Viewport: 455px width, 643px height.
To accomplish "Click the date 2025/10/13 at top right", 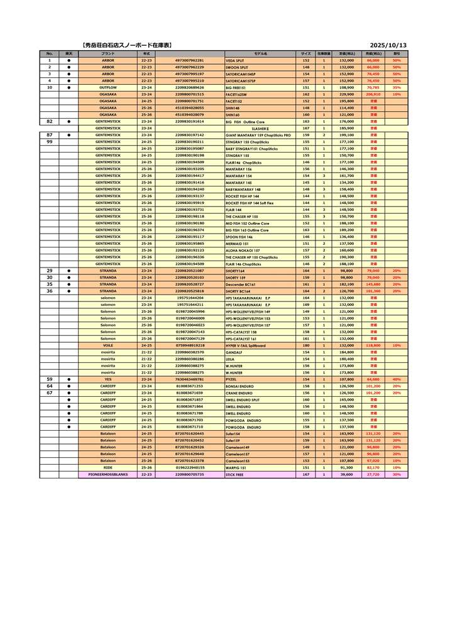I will pos(388,46).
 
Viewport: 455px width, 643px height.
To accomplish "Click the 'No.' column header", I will pos(50,54).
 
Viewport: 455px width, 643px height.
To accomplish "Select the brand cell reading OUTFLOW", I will pos(108,87).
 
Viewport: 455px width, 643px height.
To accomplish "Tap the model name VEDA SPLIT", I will pos(235,60).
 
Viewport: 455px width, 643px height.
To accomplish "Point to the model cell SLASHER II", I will pos(260,128).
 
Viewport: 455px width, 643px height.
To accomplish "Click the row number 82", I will pos(50,121).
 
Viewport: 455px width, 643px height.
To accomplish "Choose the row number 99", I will pos(50,142).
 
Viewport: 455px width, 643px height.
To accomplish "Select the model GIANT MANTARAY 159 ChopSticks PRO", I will pos(258,135).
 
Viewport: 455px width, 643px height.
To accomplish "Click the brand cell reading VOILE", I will pos(108,345).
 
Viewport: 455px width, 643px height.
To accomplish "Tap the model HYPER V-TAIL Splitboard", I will pos(246,345).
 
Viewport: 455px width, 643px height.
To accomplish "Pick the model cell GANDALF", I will pos(234,352).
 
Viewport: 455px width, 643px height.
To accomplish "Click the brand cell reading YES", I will pos(108,379).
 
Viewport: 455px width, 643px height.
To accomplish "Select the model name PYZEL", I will pos(231,379).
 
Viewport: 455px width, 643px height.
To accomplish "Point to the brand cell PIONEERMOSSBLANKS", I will pos(108,475).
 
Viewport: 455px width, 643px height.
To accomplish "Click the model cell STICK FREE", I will pos(234,475).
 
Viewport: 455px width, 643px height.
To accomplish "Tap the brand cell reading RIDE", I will pos(108,468).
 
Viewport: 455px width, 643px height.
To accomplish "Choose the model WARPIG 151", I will pos(235,468).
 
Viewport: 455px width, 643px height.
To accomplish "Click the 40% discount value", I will pos(397,379).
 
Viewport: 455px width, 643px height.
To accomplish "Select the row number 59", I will pos(50,379).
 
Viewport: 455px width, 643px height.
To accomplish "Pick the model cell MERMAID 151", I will pos(236,244).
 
